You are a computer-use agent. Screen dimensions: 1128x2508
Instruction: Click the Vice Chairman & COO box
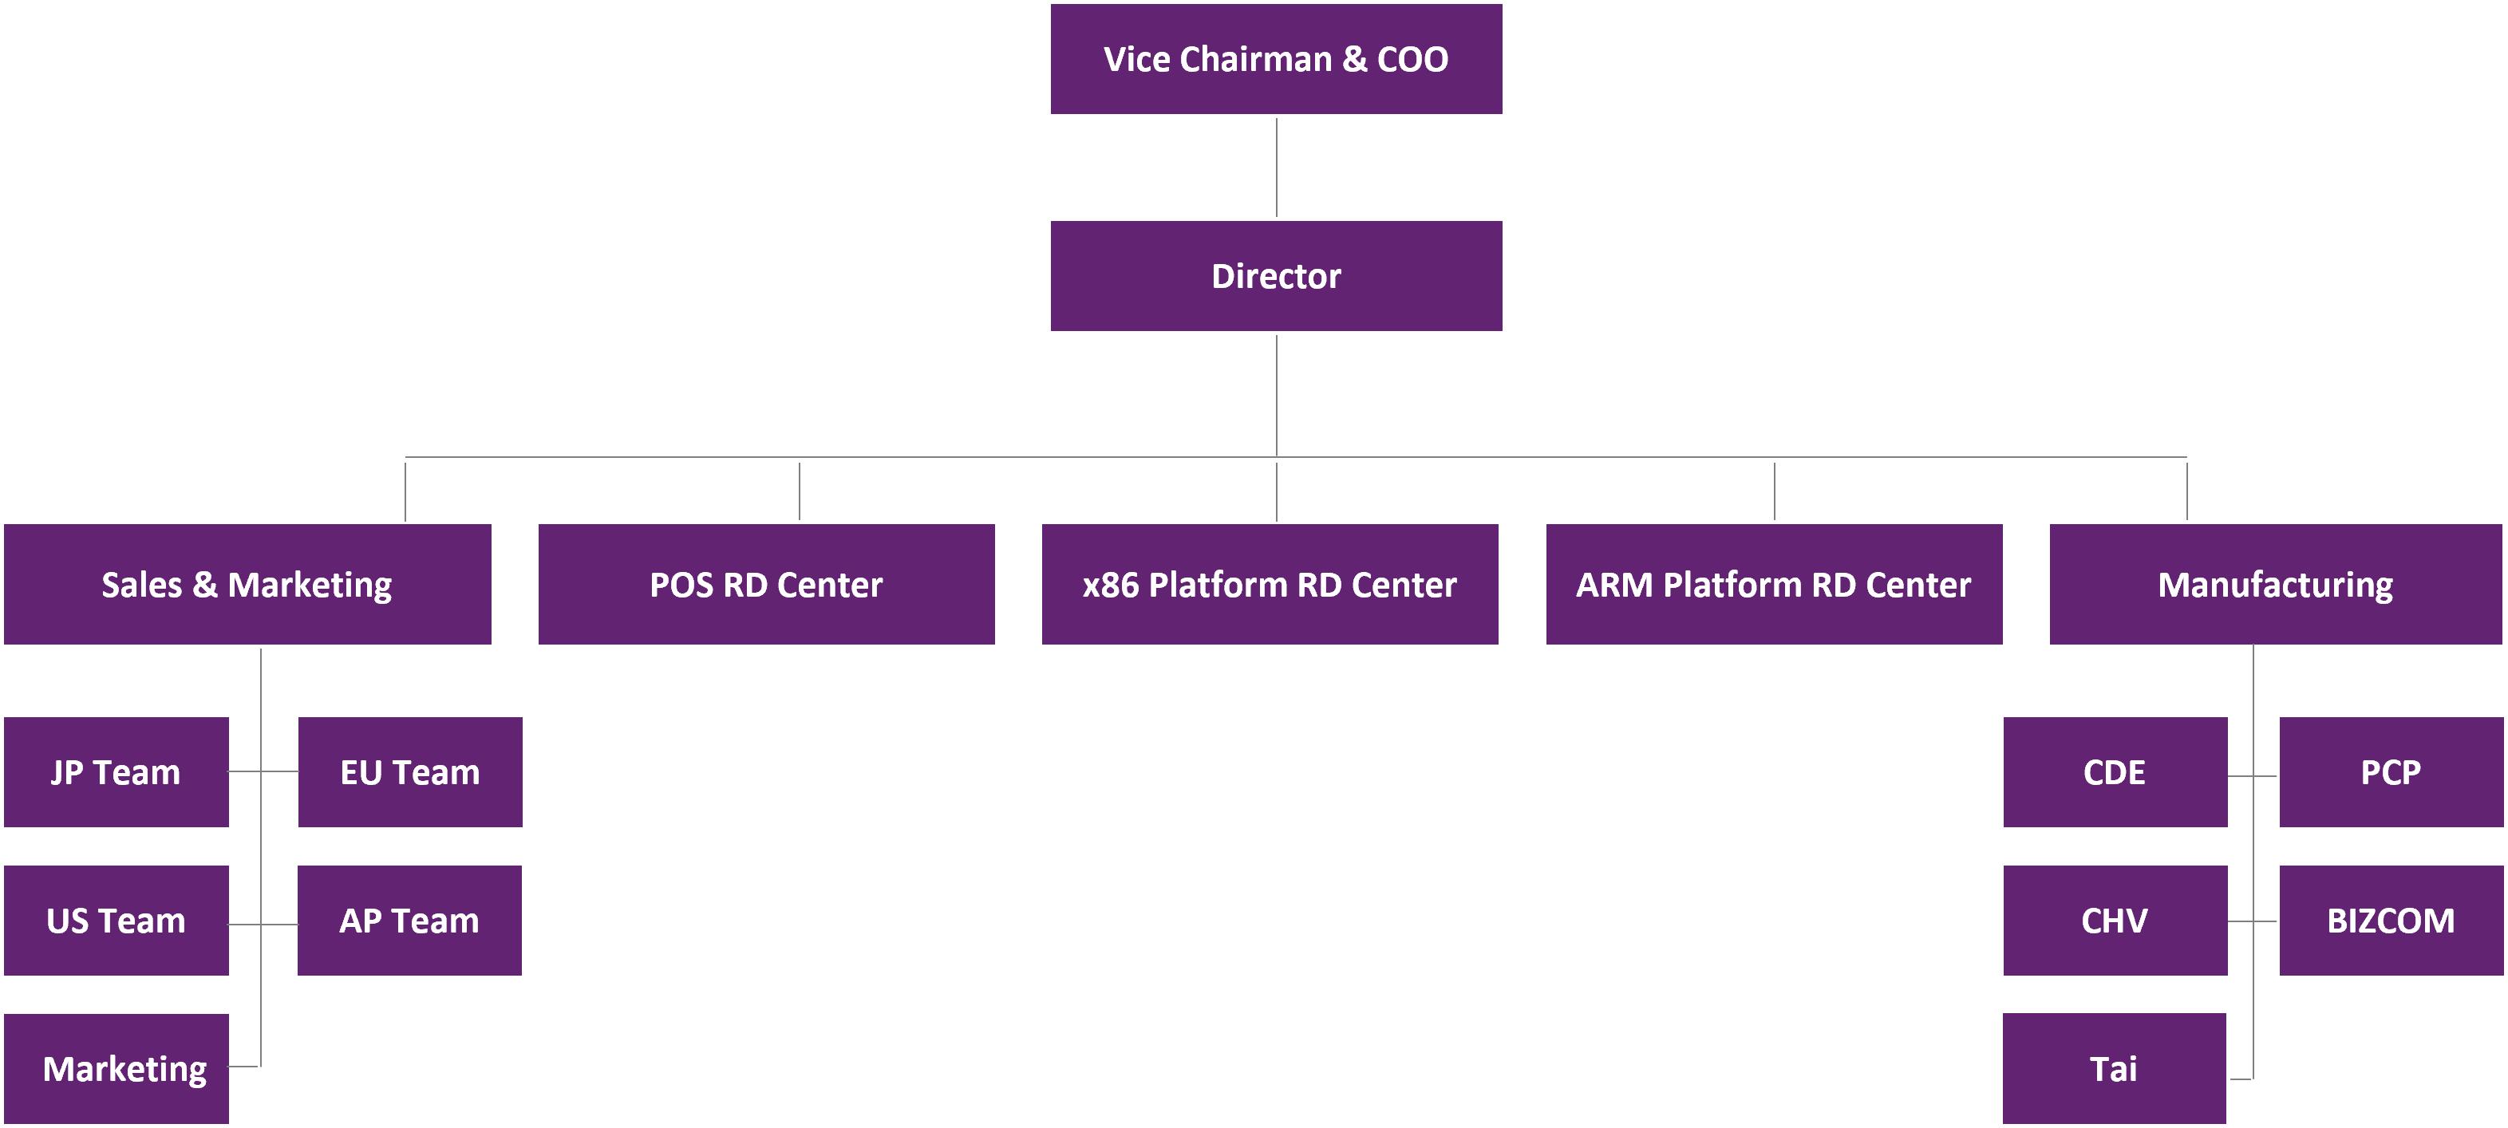pos(1275,59)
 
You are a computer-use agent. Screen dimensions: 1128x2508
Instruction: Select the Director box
pos(1275,276)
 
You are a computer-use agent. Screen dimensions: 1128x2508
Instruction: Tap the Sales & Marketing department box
pos(247,585)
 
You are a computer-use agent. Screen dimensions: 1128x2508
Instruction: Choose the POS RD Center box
pos(766,585)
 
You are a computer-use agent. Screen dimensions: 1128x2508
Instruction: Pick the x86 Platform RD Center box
pos(1270,585)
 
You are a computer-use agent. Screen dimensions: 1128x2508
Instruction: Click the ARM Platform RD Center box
pos(1774,585)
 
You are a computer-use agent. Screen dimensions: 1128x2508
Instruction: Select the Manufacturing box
pos(2275,585)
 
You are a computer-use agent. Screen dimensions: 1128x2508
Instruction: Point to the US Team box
pos(116,921)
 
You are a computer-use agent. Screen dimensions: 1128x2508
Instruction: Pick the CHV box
pos(2115,921)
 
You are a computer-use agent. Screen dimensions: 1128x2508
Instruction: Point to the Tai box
pos(2114,1069)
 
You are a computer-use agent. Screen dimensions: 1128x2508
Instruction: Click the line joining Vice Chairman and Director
pos(1277,168)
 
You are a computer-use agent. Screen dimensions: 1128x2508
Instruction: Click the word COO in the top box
pos(1412,59)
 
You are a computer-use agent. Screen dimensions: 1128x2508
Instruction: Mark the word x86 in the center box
pos(1111,585)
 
